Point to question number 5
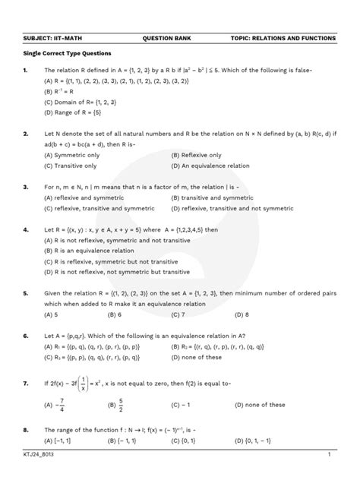(27, 292)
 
